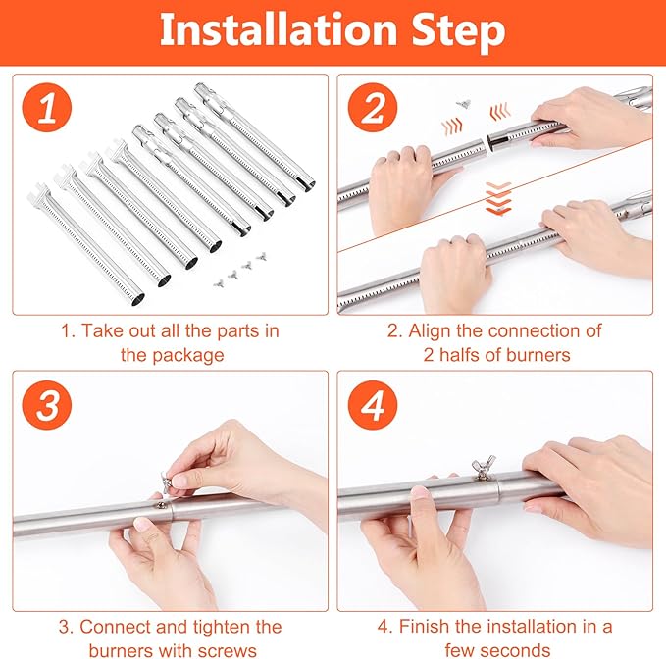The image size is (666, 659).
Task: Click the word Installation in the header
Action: [278, 29]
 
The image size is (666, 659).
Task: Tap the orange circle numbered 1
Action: [47, 108]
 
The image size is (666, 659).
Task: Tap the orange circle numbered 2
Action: [373, 108]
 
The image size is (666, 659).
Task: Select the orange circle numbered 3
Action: [47, 405]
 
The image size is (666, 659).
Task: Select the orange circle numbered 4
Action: [373, 405]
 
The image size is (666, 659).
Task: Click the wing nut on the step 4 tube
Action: [484, 467]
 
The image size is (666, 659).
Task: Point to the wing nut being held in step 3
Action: [167, 482]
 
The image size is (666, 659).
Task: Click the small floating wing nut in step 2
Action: [463, 103]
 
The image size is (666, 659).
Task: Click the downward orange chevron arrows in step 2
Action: [498, 198]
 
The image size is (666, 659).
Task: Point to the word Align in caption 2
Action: [430, 331]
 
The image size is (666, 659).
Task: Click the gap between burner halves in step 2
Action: [487, 143]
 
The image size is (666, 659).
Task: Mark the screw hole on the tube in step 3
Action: [161, 504]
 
